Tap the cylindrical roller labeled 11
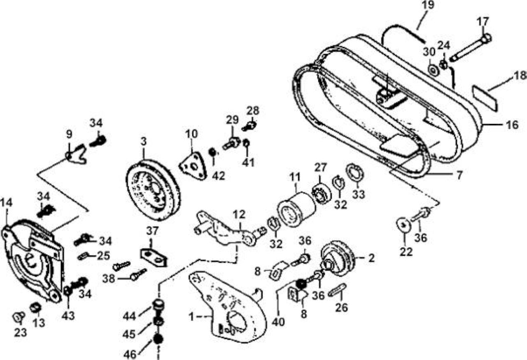(x=296, y=209)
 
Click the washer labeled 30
(x=433, y=70)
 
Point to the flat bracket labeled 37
(x=154, y=257)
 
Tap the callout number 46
(x=130, y=354)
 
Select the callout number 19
(x=428, y=5)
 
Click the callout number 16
(x=512, y=125)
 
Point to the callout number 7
(x=459, y=175)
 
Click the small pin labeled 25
(x=84, y=256)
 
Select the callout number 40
(x=278, y=322)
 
